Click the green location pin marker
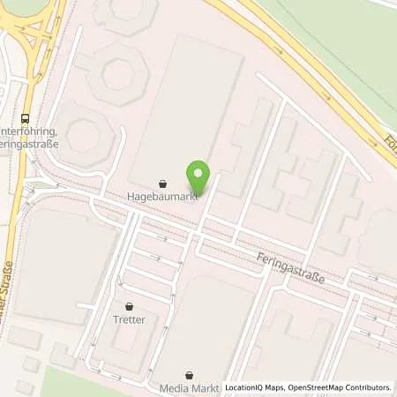199,176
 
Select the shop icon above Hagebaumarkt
162,184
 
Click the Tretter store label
129,319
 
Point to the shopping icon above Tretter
129,306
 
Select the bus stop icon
25,116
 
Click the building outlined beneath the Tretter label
124,348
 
